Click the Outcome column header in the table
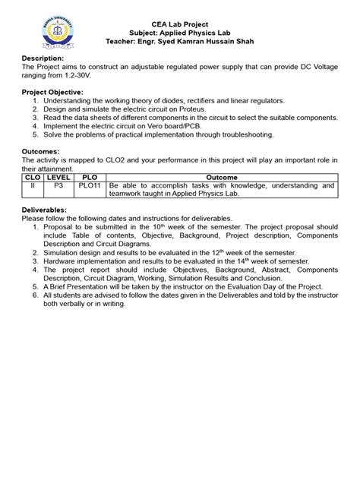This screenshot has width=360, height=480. [220, 176]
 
